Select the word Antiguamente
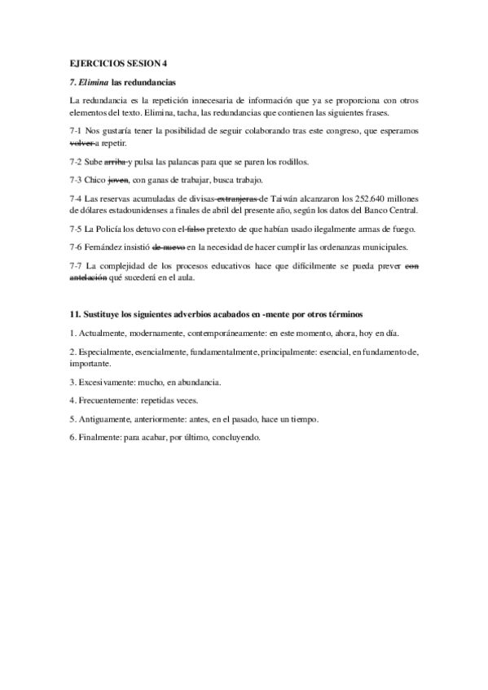tap(109, 419)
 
